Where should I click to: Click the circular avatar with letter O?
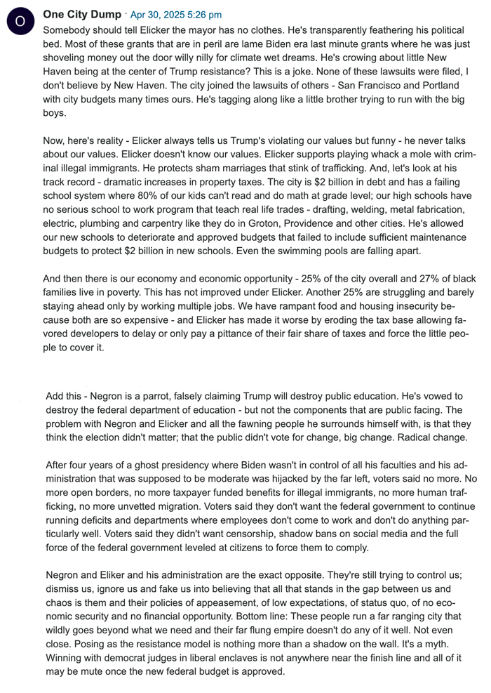click(20, 21)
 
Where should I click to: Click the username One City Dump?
click(82, 14)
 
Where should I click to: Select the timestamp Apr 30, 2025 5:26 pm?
click(176, 15)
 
